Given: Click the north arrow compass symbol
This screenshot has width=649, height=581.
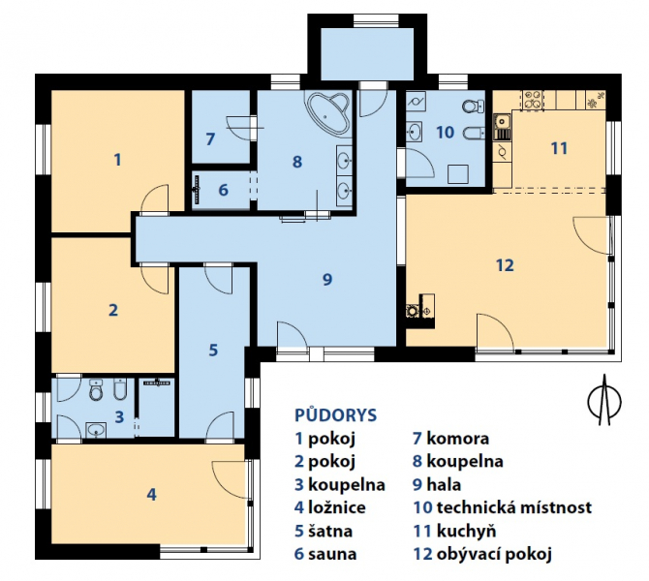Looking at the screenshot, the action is (604, 400).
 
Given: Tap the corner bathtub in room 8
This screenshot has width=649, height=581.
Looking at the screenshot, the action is (327, 110).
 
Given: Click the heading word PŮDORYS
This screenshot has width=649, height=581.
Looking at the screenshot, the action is (336, 415).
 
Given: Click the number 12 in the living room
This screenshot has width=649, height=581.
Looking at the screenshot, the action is (505, 265).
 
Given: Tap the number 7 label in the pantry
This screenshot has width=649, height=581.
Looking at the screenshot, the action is (210, 139).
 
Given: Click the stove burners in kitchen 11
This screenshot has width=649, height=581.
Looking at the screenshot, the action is (533, 101).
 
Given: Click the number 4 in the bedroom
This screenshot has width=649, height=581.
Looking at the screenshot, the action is (151, 494).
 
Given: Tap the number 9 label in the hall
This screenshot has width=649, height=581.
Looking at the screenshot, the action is (327, 279).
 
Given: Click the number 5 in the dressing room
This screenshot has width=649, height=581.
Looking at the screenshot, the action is (213, 351).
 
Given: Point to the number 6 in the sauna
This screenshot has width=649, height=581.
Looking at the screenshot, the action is (223, 190).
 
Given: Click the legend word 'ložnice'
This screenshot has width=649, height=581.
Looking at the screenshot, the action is (337, 507).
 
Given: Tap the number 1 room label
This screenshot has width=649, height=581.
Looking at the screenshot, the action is (117, 160).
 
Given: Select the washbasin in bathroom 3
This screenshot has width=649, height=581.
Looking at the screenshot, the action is (96, 430).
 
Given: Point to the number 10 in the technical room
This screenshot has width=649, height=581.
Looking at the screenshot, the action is (446, 133).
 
